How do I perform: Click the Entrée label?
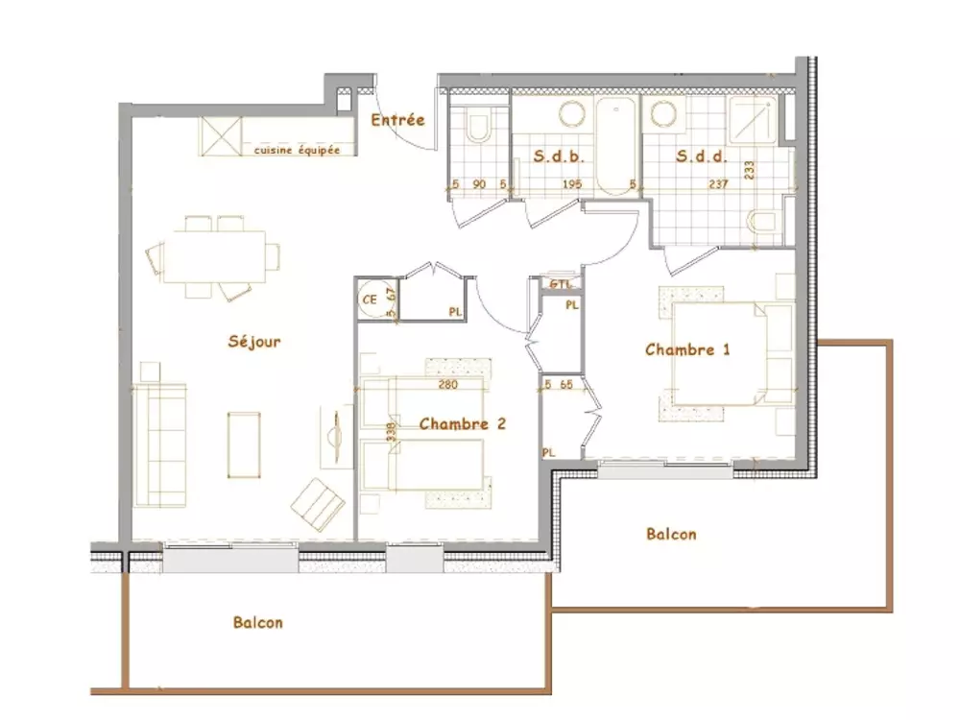[397, 120]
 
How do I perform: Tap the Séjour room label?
[254, 341]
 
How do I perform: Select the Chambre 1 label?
[687, 349]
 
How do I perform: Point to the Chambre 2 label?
[462, 423]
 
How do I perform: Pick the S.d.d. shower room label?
[702, 156]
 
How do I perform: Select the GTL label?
[560, 284]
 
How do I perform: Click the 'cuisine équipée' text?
[297, 150]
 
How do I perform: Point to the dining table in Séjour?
[213, 257]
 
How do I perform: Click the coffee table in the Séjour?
[244, 444]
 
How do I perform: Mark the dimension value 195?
[572, 184]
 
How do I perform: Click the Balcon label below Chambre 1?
[671, 535]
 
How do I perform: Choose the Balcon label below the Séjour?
[258, 622]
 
